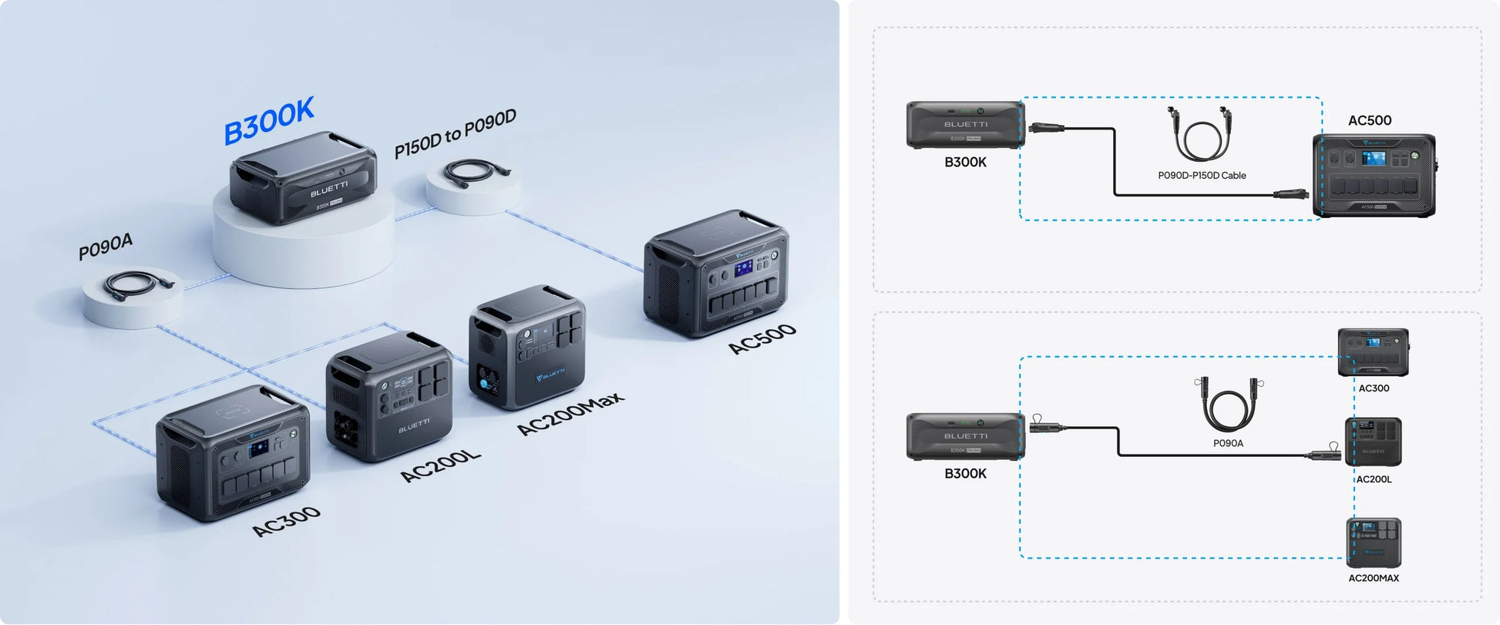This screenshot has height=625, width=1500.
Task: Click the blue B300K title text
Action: (x=269, y=121)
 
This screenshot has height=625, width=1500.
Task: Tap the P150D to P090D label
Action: (x=455, y=133)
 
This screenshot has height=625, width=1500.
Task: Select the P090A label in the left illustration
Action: (x=106, y=247)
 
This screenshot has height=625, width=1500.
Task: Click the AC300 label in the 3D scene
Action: (x=286, y=522)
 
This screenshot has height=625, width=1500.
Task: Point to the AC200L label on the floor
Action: (x=440, y=465)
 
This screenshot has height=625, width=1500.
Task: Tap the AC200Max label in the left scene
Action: (x=570, y=414)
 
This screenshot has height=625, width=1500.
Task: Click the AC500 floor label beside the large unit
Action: (x=762, y=339)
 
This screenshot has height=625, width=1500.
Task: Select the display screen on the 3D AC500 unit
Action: (x=743, y=269)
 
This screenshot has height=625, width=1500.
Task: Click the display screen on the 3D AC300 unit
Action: (x=258, y=451)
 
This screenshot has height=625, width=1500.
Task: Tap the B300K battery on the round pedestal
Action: (x=303, y=179)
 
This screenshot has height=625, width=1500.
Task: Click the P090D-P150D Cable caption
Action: (x=1202, y=176)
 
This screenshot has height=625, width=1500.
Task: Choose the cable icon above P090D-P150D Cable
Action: (x=1199, y=135)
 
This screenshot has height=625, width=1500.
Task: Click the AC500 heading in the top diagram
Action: (x=1370, y=121)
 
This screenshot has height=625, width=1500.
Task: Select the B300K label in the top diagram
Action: (x=965, y=162)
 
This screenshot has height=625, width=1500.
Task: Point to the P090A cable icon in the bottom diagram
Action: (x=1228, y=406)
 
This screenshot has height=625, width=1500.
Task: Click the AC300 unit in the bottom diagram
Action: (x=1373, y=353)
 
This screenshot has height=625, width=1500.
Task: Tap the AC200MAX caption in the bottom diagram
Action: (x=1374, y=578)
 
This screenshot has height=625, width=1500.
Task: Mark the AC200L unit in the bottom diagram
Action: (x=1374, y=442)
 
